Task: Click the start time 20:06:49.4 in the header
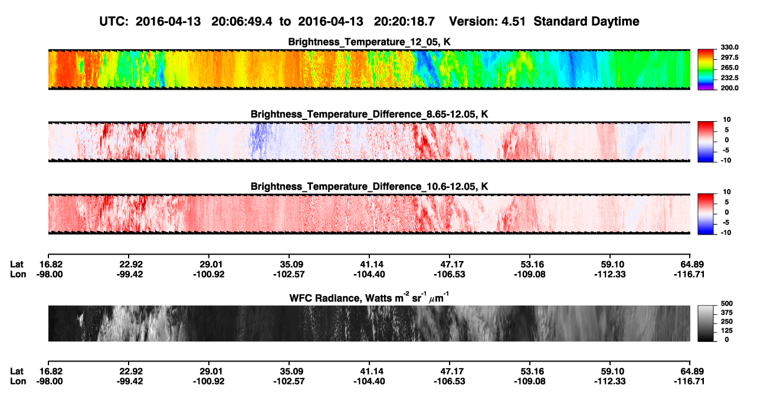(x=241, y=21)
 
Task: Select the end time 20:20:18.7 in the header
(x=404, y=21)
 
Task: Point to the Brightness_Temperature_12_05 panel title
(x=369, y=42)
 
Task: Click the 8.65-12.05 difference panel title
(x=369, y=114)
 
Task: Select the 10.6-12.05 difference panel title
(x=369, y=187)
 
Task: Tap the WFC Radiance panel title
(x=369, y=298)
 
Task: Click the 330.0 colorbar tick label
(x=729, y=47)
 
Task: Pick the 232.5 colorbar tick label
(x=729, y=78)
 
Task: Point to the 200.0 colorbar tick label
(x=729, y=88)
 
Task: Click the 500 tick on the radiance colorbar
(x=727, y=304)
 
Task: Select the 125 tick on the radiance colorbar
(x=727, y=331)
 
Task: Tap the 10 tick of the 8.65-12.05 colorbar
(x=727, y=120)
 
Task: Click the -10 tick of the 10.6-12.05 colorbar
(x=726, y=233)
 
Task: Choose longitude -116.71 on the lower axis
(x=689, y=382)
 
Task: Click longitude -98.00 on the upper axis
(x=50, y=274)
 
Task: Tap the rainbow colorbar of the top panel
(x=706, y=70)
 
